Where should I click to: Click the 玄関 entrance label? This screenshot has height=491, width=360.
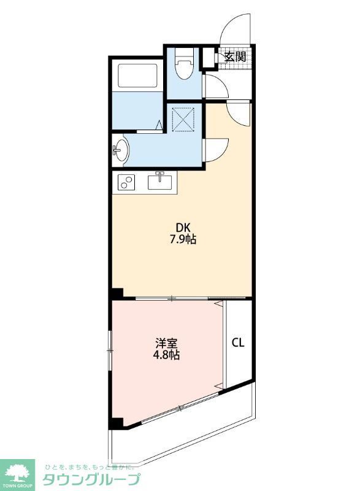235,57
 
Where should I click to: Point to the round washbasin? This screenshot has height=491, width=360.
121,149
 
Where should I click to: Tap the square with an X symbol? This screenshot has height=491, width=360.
185,119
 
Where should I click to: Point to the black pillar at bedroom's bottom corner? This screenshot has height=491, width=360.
116,423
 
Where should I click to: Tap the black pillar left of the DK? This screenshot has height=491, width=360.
117,293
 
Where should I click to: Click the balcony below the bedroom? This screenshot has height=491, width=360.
184,433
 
